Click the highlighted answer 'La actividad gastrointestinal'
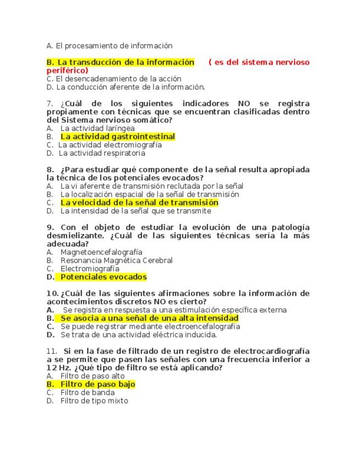pos(117,137)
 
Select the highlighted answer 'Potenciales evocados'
pos(103,277)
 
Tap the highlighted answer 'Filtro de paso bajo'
pos(97,384)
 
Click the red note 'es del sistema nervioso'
pos(259,62)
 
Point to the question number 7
pos(50,104)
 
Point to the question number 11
pos(52,351)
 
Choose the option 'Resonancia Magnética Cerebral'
pos(116,260)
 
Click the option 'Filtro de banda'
pos(88,393)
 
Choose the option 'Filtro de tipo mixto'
pos(94,401)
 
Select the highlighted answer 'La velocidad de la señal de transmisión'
pos(139,203)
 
